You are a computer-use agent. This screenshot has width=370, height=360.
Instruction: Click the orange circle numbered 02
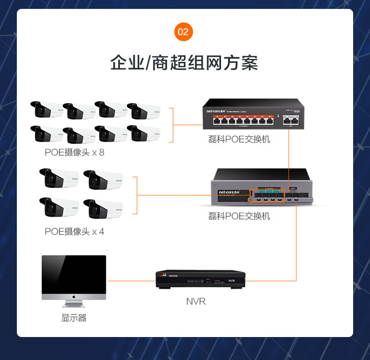tap(183, 32)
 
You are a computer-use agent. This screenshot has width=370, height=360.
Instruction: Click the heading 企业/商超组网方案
tap(184, 63)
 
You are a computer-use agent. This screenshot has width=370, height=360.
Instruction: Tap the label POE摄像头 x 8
tap(74, 152)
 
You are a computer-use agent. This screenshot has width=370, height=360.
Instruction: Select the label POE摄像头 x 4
tap(74, 232)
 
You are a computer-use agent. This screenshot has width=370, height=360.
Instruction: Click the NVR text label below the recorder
tap(196, 301)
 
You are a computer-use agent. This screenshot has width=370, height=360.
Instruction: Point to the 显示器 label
tap(74, 318)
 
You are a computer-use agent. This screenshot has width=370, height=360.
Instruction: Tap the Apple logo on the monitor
tap(74, 297)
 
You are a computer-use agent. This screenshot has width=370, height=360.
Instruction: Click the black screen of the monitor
tap(74, 274)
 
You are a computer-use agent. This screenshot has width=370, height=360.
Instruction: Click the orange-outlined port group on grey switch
tap(267, 196)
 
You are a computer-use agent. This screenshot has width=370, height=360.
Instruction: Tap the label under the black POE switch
tap(239, 139)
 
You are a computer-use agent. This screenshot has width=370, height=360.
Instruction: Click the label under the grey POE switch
tap(239, 216)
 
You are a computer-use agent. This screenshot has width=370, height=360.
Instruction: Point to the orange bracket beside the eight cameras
tap(171, 125)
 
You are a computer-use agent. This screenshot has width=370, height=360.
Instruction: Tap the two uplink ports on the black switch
tap(290, 121)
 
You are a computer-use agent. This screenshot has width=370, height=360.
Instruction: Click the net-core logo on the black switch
tap(217, 111)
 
